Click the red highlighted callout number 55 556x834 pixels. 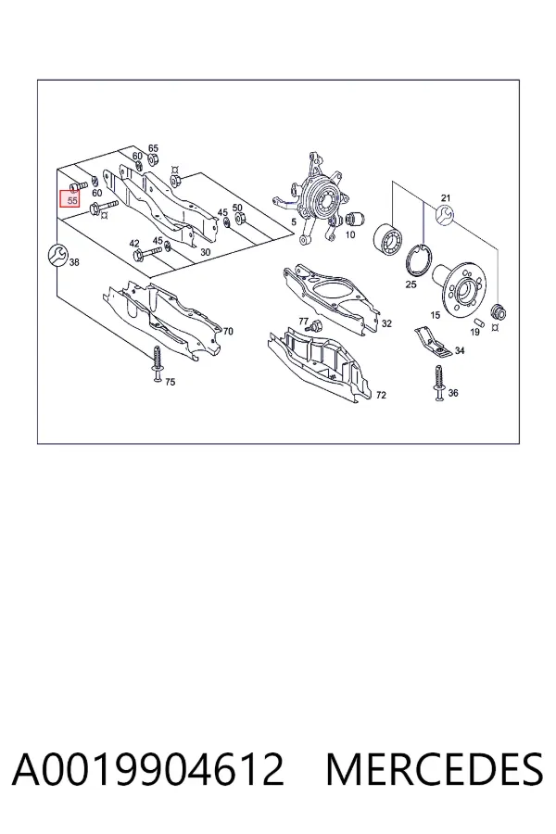[x=72, y=200]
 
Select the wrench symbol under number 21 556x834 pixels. [x=445, y=215]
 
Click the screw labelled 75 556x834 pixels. [x=157, y=364]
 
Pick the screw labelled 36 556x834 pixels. [x=438, y=383]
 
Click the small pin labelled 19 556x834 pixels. [x=478, y=322]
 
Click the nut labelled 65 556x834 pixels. [x=151, y=159]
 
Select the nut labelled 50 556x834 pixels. [x=239, y=218]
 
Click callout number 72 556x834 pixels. [x=381, y=395]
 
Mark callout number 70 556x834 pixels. [x=228, y=332]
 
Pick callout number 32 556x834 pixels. [x=386, y=323]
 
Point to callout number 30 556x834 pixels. [x=205, y=252]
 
